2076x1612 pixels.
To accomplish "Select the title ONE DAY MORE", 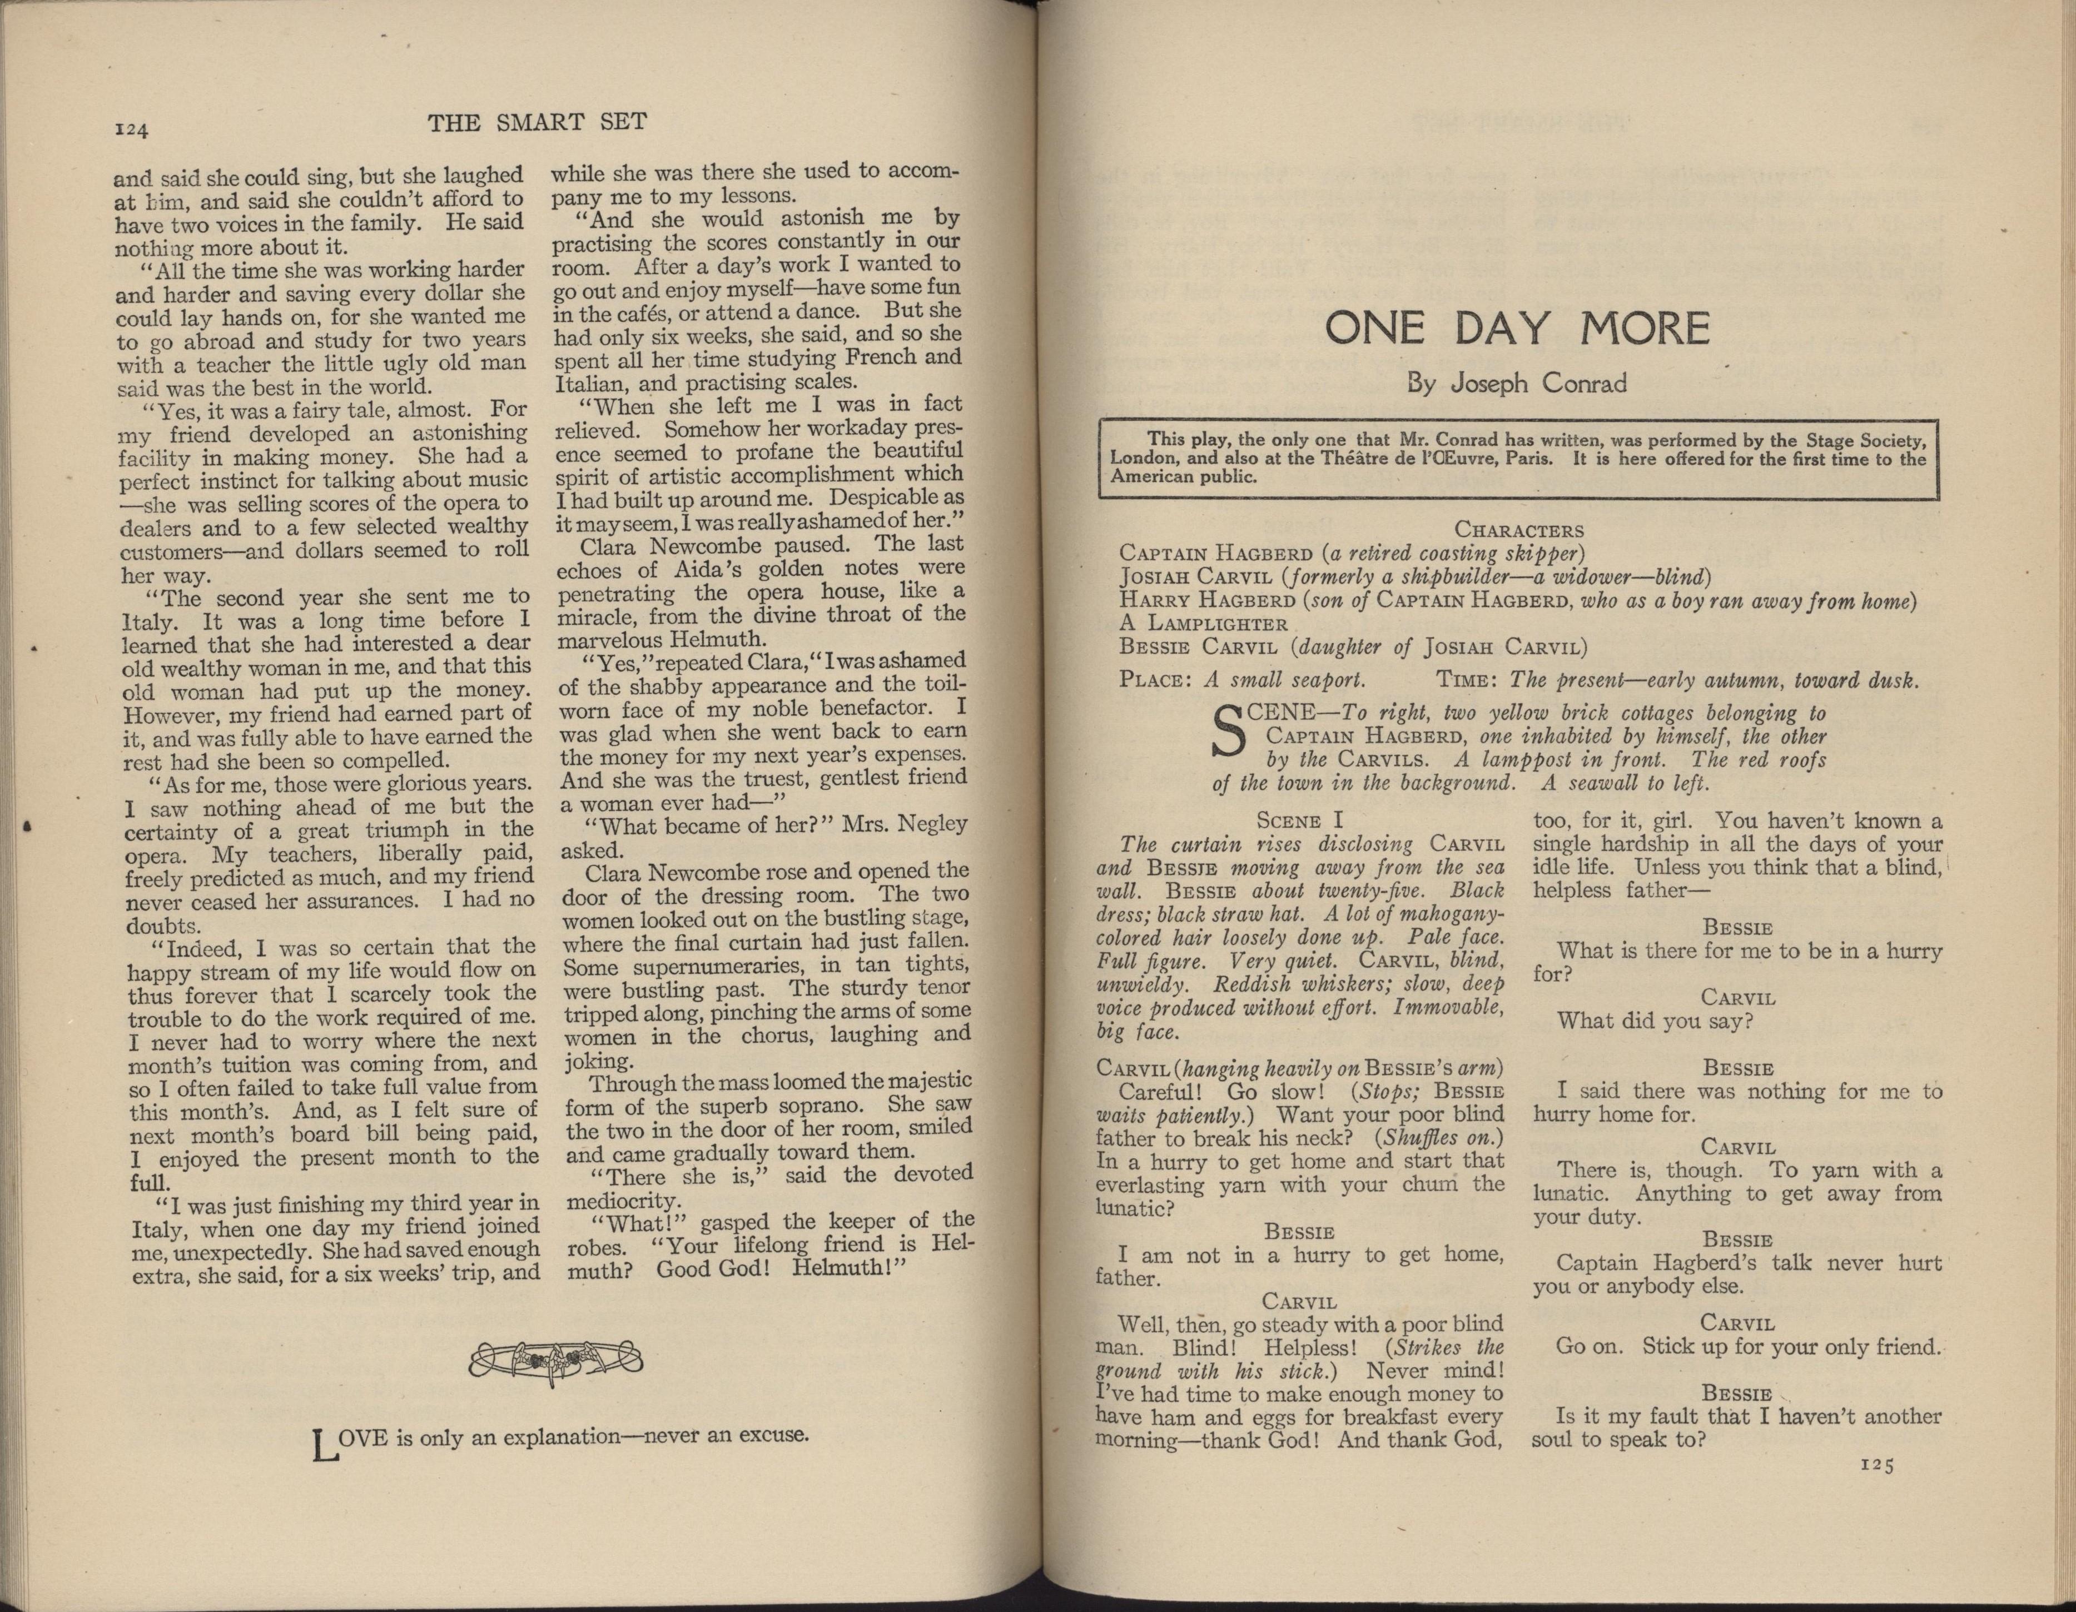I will click(x=1517, y=329).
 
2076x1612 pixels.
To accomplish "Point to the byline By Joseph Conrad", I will click(x=1517, y=384).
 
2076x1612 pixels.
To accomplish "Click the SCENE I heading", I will click(x=1300, y=821).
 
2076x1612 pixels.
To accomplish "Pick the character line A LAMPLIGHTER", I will click(x=1203, y=624).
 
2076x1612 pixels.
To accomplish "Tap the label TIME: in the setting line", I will click(x=1468, y=680).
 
